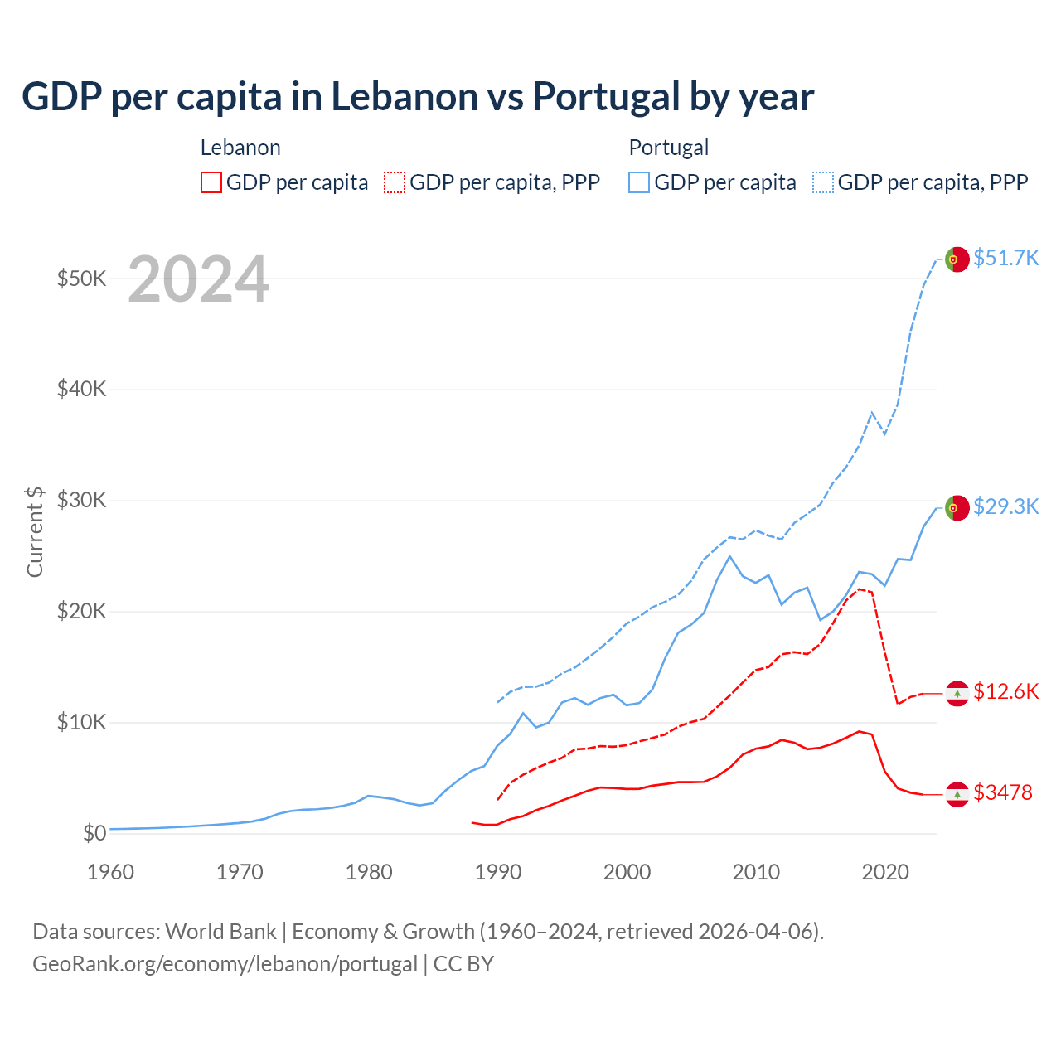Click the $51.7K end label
pos(1005,258)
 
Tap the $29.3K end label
pos(1005,506)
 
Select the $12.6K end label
pos(1005,691)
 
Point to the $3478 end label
pos(1002,792)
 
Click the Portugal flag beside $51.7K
pos(957,259)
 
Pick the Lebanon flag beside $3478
pos(957,794)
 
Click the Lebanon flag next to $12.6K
pos(957,693)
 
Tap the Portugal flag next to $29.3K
pos(957,507)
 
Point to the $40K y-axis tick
pos(81,389)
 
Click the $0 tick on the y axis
pos(94,833)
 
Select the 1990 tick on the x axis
pos(498,872)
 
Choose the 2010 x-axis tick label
pos(756,872)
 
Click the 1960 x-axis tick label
pos(110,872)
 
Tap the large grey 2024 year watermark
pos(198,279)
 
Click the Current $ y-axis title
pos(35,531)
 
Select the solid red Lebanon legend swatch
pos(211,182)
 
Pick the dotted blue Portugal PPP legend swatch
pos(823,182)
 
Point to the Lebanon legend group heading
pos(240,148)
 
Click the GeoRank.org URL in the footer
pos(225,964)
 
